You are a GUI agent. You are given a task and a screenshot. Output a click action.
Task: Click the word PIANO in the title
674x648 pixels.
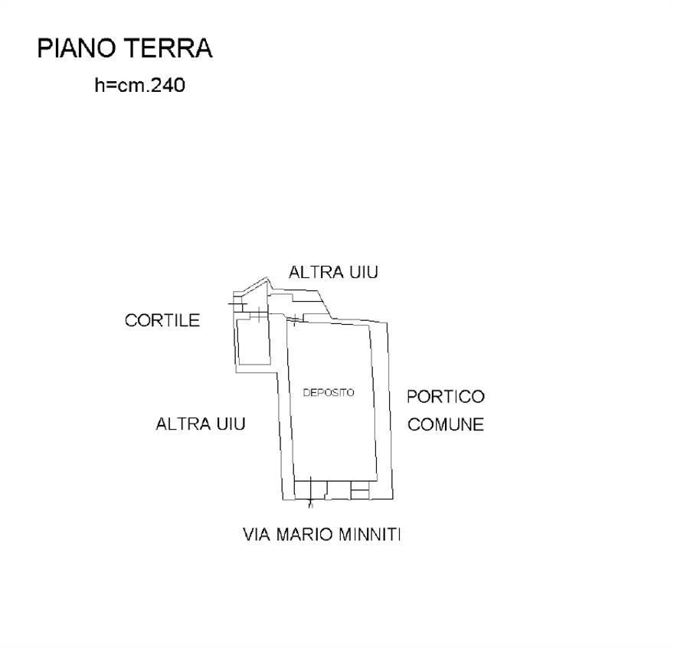pyautogui.click(x=78, y=47)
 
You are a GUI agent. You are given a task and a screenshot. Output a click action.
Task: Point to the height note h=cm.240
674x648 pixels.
pyautogui.click(x=139, y=85)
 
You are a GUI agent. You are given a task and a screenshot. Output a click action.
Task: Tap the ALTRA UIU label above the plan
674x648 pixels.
pyautogui.click(x=333, y=272)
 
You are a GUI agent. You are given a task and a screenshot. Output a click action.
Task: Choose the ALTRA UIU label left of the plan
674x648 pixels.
pyautogui.click(x=201, y=424)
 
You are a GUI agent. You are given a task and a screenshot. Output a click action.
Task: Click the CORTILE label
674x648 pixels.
pyautogui.click(x=162, y=320)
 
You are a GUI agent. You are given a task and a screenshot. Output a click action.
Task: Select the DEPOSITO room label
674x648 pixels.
pyautogui.click(x=329, y=392)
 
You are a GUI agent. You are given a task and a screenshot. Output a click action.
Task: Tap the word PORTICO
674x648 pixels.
pyautogui.click(x=446, y=397)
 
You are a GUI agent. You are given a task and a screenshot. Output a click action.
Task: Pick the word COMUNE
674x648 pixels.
pyautogui.click(x=446, y=425)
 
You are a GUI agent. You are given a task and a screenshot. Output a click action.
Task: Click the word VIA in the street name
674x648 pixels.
pyautogui.click(x=257, y=535)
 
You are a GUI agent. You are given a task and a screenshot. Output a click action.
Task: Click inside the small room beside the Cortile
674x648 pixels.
pyautogui.click(x=254, y=342)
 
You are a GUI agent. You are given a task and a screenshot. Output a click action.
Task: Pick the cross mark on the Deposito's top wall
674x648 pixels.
pyautogui.click(x=296, y=319)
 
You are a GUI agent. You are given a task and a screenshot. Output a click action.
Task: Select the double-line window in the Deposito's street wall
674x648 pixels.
pyautogui.click(x=360, y=490)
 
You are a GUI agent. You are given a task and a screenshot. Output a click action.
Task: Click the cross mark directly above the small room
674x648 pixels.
pyautogui.click(x=259, y=315)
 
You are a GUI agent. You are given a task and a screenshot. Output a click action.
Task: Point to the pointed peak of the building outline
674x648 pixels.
pyautogui.click(x=267, y=278)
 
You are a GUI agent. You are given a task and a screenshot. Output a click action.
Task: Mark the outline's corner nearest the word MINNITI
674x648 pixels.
pyautogui.click(x=393, y=499)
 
